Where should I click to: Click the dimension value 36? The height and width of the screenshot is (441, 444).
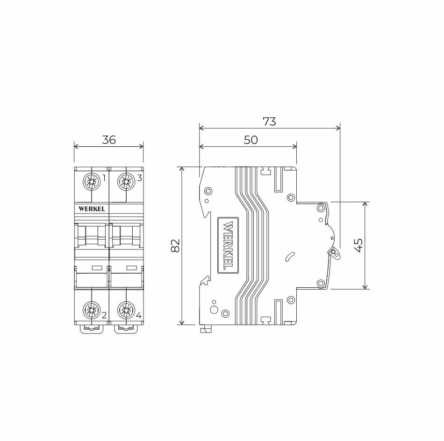pos(109,140)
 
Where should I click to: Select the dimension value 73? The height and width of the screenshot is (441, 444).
pos(269,122)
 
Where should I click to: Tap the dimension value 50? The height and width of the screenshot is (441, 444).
pos(251,140)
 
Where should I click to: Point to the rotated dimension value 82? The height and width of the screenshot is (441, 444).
pos(176,245)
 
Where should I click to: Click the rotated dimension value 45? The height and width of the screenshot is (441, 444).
pos(358,245)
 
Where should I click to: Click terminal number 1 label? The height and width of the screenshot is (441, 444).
pos(104,178)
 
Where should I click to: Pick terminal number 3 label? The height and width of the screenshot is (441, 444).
pos(139,178)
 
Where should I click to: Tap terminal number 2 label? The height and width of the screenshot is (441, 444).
pos(104,315)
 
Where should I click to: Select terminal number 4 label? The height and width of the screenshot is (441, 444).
pos(139,315)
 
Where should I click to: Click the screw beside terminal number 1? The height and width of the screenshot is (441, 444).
pos(92,181)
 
